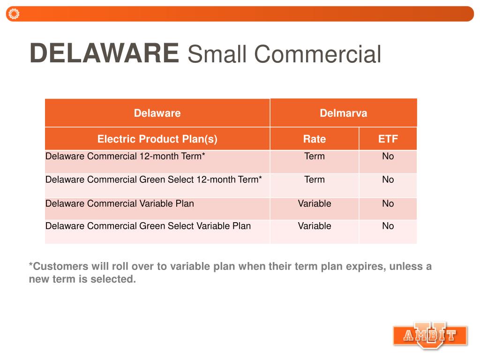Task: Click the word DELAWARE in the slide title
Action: click(104, 53)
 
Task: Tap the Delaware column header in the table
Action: click(157, 113)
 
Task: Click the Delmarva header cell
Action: click(343, 113)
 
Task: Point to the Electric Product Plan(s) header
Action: click(157, 139)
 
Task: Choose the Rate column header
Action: click(314, 139)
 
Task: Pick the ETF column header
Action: click(388, 139)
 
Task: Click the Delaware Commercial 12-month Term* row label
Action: click(125, 156)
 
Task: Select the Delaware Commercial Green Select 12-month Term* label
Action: click(153, 180)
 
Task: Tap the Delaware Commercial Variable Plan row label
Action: click(120, 203)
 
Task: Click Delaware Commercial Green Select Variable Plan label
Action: click(148, 226)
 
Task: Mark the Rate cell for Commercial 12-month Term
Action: click(314, 156)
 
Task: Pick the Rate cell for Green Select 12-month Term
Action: click(314, 180)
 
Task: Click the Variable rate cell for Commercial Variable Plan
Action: click(314, 203)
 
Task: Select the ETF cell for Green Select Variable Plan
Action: click(388, 226)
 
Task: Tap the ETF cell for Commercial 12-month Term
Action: click(388, 156)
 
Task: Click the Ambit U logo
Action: click(430, 335)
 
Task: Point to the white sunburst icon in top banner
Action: click(14, 14)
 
